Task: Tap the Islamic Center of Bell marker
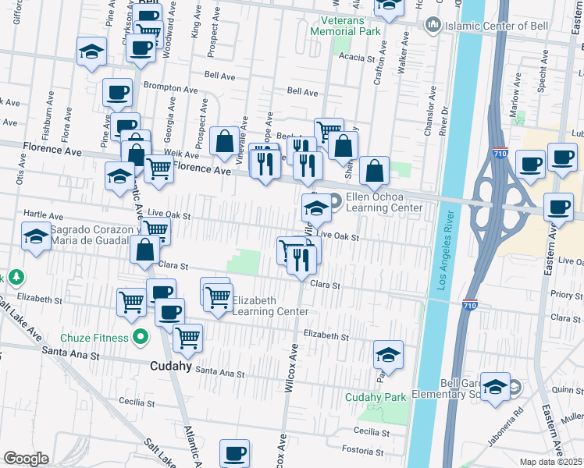pos(432,26)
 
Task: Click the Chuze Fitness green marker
pos(141,338)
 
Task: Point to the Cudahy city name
pos(171,364)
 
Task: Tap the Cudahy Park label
pos(376,397)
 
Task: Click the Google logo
pos(26,459)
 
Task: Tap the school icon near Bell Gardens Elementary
pos(495,386)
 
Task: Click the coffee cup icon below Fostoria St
pos(234,452)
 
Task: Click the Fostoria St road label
pos(373,449)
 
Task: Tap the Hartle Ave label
pos(37,213)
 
